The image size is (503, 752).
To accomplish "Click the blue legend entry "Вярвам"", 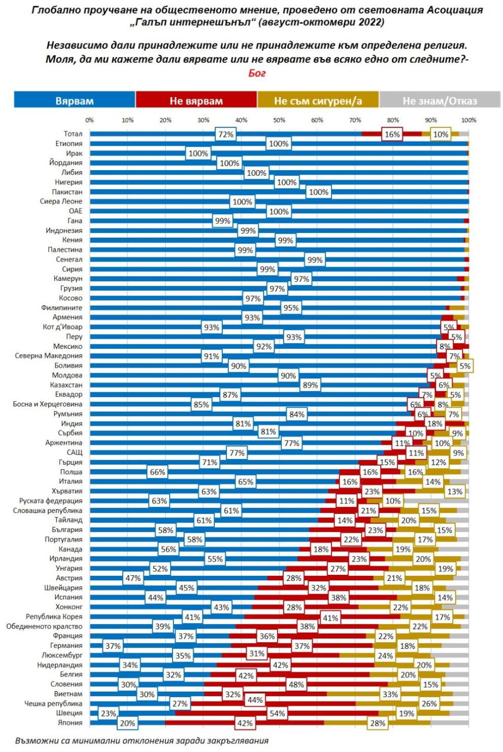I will tap(75, 100).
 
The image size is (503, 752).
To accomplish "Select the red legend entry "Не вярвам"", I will tap(196, 100).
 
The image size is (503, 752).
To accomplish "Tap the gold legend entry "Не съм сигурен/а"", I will tap(318, 100).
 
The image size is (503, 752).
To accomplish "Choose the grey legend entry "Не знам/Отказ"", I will tap(440, 100).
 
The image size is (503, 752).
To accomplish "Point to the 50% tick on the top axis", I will tap(279, 120).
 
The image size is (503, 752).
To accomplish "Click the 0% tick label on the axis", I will tap(89, 120).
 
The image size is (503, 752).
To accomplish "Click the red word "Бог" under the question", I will tap(257, 73).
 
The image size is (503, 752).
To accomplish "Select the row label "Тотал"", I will tap(73, 134).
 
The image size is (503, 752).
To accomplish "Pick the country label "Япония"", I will tap(70, 723).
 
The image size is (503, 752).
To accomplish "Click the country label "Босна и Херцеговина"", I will tap(47, 404).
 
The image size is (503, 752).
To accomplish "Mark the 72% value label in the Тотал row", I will tap(225, 135).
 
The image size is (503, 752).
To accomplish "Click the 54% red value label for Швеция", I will tap(277, 713).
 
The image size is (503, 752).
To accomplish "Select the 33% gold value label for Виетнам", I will tap(390, 694).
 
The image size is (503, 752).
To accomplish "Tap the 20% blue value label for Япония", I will tap(127, 723).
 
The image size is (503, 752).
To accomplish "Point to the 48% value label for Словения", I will tap(296, 684).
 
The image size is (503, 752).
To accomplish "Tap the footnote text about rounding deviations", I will tap(142, 740).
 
